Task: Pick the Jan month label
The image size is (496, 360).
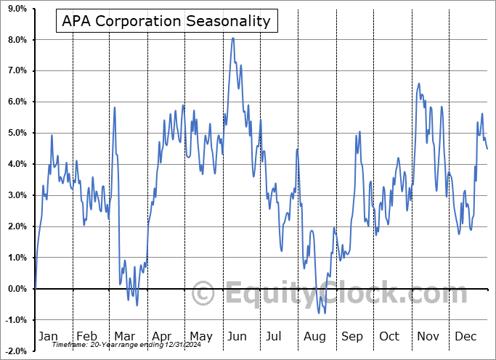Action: (x=47, y=336)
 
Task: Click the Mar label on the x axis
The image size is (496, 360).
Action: (x=124, y=336)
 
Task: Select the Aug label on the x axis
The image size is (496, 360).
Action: (x=314, y=336)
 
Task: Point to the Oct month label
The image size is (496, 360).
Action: (x=389, y=336)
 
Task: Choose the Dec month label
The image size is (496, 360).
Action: (x=465, y=336)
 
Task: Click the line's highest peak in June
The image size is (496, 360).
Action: (x=232, y=38)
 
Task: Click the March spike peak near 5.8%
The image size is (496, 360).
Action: (x=115, y=107)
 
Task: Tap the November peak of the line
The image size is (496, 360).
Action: (x=419, y=83)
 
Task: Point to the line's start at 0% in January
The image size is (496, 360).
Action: (x=35, y=289)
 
